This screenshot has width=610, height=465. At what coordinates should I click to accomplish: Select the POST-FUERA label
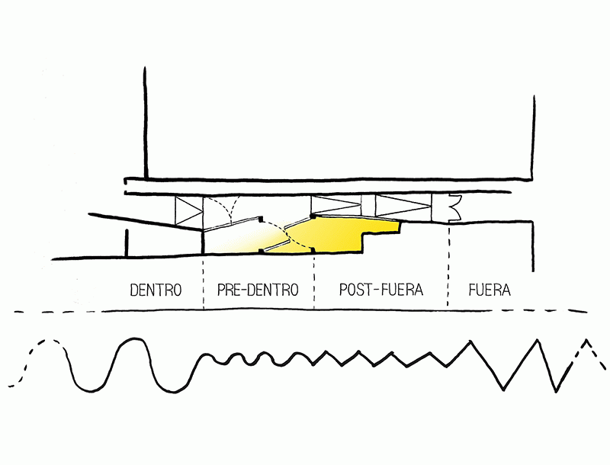click(x=380, y=290)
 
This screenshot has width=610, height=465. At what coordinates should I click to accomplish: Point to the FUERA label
click(x=490, y=290)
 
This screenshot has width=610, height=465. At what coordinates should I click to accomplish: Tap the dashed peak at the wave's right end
click(x=586, y=347)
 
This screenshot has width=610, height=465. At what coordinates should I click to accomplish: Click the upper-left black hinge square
click(x=262, y=219)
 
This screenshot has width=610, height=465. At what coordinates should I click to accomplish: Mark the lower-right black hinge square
click(x=313, y=249)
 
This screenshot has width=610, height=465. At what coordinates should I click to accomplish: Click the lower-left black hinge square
click(x=262, y=250)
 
